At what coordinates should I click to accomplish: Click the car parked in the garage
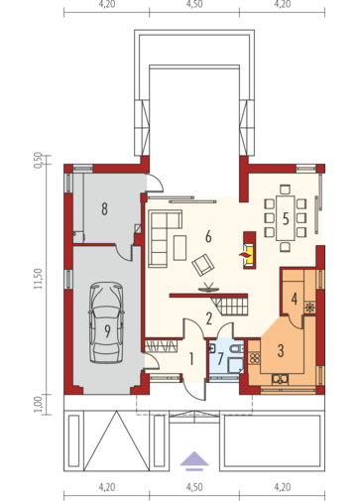click(x=106, y=322)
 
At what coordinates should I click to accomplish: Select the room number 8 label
click(x=104, y=209)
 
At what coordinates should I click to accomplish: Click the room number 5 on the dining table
click(x=286, y=219)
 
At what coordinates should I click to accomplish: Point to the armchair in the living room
click(x=203, y=264)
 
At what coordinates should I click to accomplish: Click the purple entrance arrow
click(x=194, y=460)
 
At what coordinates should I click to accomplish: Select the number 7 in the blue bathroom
click(x=220, y=359)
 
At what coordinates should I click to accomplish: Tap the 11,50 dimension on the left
click(x=38, y=279)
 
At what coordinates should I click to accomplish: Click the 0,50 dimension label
click(x=38, y=161)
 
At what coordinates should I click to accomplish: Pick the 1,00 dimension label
click(x=38, y=404)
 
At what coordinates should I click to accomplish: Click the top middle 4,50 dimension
click(x=194, y=5)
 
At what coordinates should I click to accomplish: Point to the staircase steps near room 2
click(x=230, y=306)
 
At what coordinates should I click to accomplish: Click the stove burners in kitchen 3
click(x=255, y=358)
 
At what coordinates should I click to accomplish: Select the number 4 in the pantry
click(x=295, y=299)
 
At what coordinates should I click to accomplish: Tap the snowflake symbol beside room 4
click(x=310, y=308)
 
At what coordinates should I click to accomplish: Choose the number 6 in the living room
click(x=208, y=237)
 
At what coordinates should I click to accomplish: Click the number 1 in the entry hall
click(x=191, y=359)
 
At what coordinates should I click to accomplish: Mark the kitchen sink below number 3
click(x=280, y=379)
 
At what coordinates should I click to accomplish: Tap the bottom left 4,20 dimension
click(x=107, y=487)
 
